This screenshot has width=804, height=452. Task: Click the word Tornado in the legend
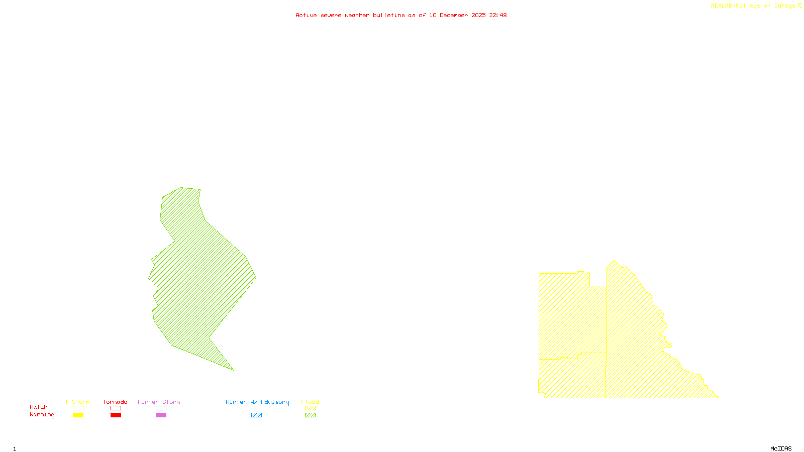pyautogui.click(x=115, y=402)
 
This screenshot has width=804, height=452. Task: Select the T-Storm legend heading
pyautogui.click(x=77, y=402)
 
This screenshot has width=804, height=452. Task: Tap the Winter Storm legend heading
pyautogui.click(x=159, y=402)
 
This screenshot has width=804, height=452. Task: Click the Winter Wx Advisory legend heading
pyautogui.click(x=257, y=402)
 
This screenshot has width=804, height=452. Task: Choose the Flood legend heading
pyautogui.click(x=310, y=402)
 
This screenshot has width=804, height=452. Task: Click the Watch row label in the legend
pyautogui.click(x=39, y=407)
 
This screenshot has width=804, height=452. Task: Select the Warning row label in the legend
pyautogui.click(x=42, y=415)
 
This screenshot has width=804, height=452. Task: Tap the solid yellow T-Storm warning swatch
pyautogui.click(x=78, y=415)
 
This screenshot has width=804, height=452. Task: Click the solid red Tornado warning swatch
pyautogui.click(x=116, y=415)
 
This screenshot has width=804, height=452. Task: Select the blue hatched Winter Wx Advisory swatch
pyautogui.click(x=256, y=415)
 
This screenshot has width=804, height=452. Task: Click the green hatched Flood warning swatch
pyautogui.click(x=311, y=415)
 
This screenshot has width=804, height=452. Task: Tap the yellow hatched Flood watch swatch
pyautogui.click(x=311, y=408)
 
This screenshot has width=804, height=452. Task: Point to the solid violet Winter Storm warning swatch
pyautogui.click(x=161, y=415)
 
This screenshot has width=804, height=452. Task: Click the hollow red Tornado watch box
pyautogui.click(x=116, y=408)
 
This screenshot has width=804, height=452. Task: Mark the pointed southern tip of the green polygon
pyautogui.click(x=233, y=370)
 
